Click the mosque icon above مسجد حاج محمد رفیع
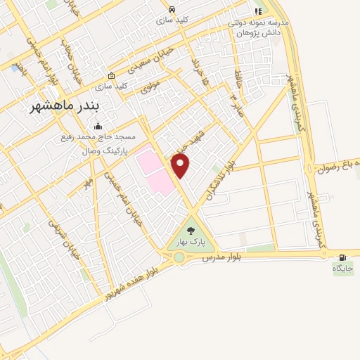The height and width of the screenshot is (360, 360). pyautogui.click(x=97, y=127)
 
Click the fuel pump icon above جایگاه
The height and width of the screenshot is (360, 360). pyautogui.click(x=343, y=257)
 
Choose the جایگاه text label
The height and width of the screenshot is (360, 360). pyautogui.click(x=343, y=268)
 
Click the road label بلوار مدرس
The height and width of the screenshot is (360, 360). pyautogui.click(x=221, y=257)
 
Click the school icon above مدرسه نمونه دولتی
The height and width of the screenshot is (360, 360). pyautogui.click(x=258, y=12)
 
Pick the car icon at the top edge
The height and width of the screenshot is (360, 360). pyautogui.click(x=172, y=9)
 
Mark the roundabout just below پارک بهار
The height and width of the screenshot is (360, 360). pyautogui.click(x=180, y=258)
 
